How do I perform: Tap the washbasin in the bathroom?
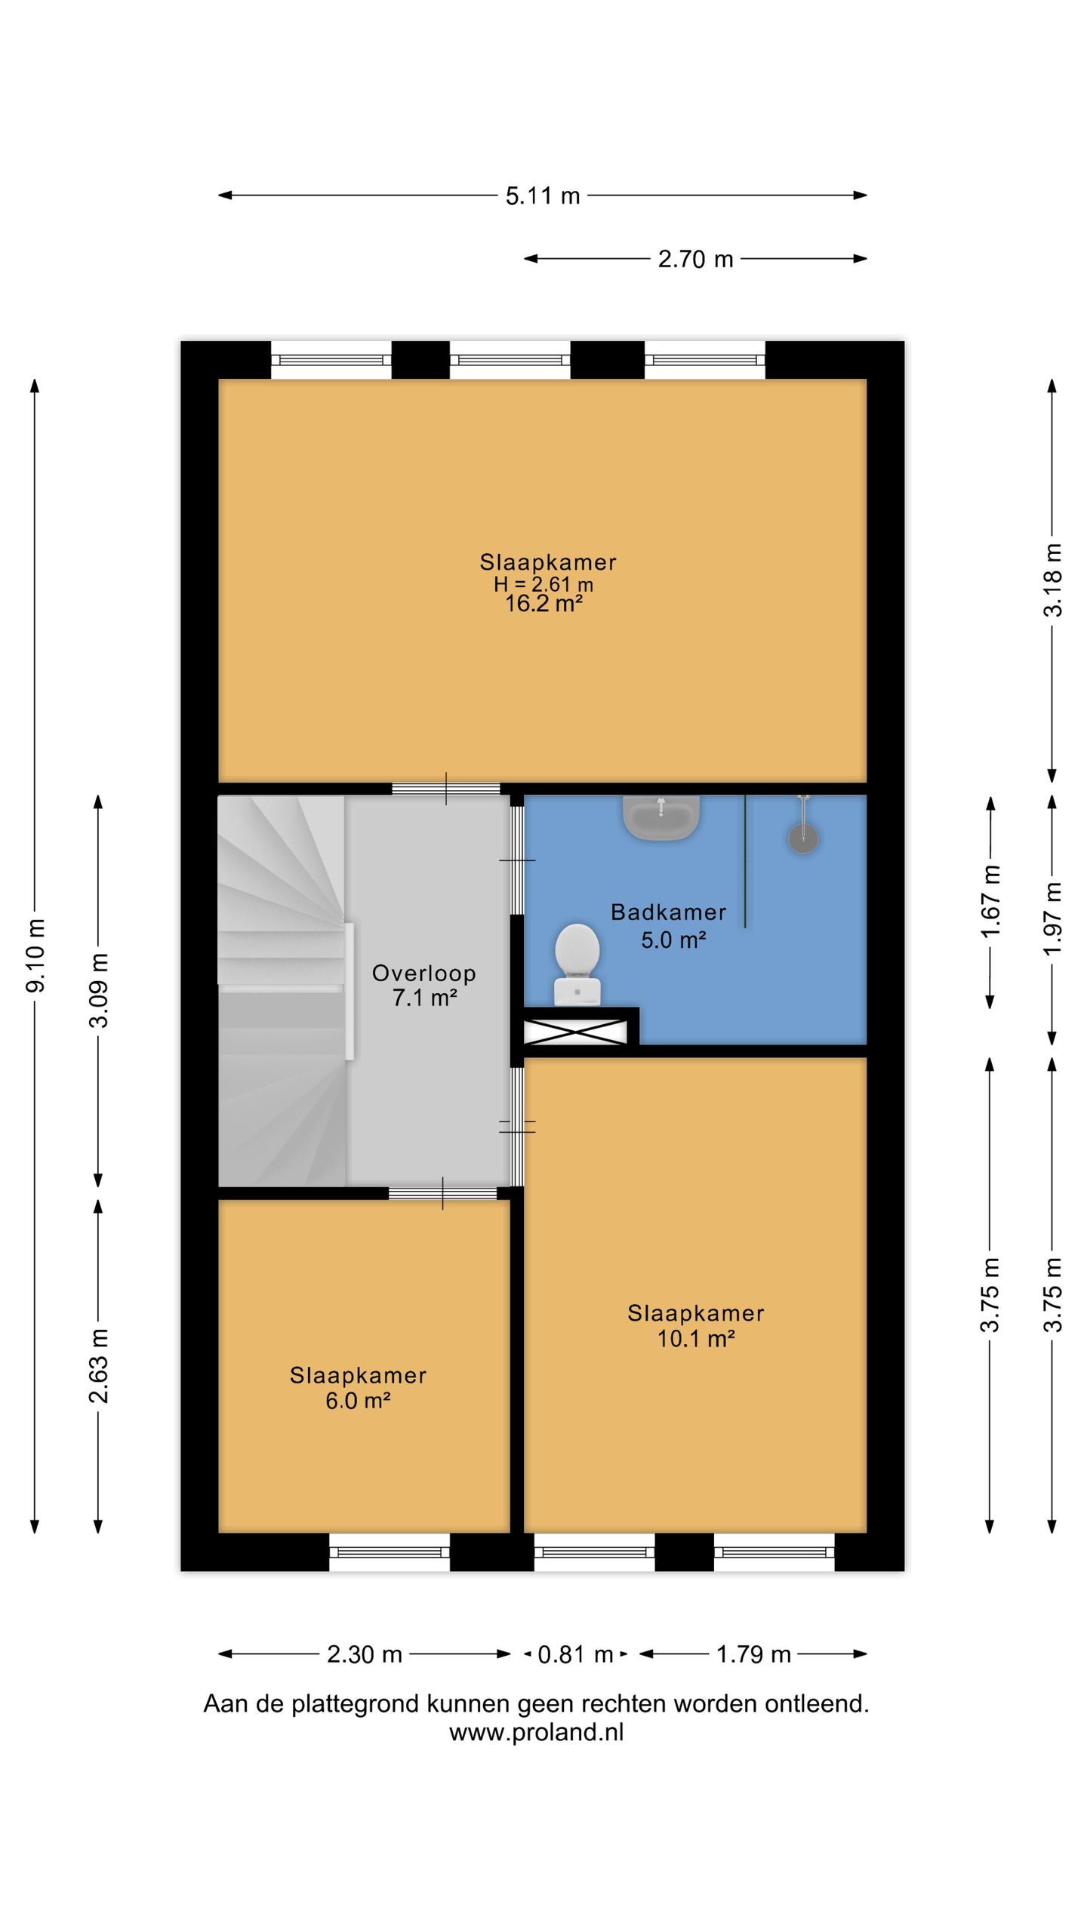[x=661, y=818]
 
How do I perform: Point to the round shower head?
[x=804, y=838]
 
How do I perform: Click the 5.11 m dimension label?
[x=543, y=196]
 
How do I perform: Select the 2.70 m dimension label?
[x=695, y=260]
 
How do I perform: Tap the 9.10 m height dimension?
[x=35, y=955]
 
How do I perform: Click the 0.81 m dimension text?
[x=575, y=1655]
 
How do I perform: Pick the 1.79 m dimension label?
[x=753, y=1655]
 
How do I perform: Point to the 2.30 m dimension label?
[x=365, y=1655]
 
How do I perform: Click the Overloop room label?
[x=424, y=974]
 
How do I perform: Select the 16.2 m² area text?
[x=543, y=604]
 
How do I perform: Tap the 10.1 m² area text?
[x=696, y=1339]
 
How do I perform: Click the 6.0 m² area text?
[x=358, y=1401]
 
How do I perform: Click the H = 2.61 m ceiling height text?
[x=543, y=584]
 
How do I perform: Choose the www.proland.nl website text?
[x=537, y=1732]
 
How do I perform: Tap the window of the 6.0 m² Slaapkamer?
[x=390, y=1552]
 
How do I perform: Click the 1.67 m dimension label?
[x=990, y=902]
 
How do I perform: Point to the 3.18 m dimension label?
[x=1053, y=580]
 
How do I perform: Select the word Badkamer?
[x=669, y=912]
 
